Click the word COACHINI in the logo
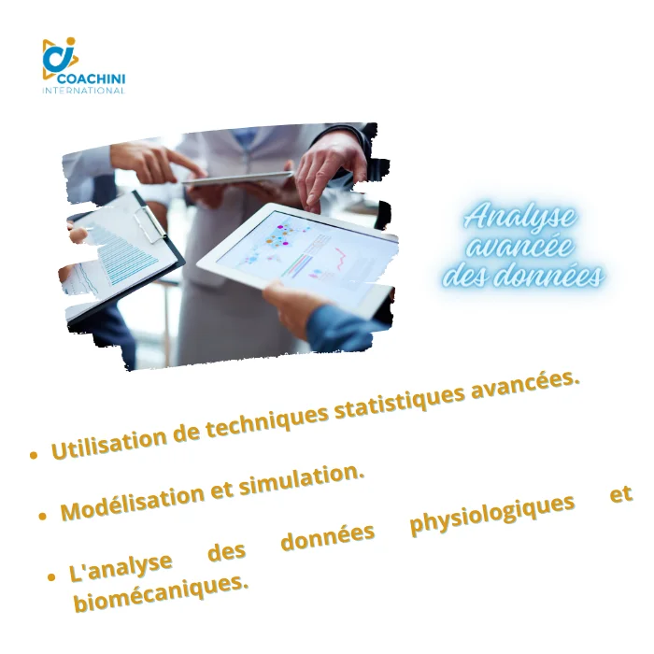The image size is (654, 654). [91, 78]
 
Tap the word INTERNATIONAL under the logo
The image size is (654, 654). [83, 91]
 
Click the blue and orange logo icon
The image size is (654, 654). [60, 58]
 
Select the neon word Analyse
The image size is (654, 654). [519, 218]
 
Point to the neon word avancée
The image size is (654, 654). [519, 246]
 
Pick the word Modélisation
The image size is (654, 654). [133, 500]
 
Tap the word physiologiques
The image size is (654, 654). [492, 513]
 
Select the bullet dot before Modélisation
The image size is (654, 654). [42, 517]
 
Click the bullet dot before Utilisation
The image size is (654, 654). [34, 455]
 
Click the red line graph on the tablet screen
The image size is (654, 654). [342, 258]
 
